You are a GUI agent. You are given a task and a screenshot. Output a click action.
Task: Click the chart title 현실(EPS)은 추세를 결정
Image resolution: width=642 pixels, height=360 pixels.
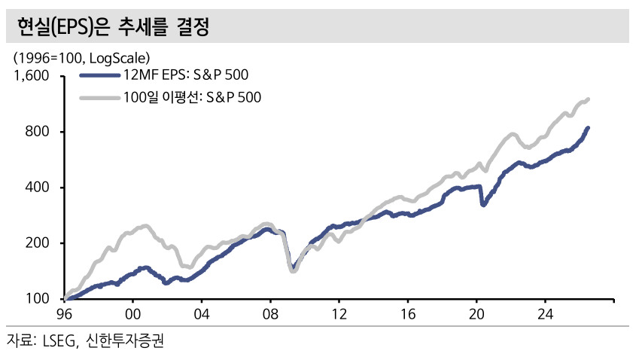tap(113, 27)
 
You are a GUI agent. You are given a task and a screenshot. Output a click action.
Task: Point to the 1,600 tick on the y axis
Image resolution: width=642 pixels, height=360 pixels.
tap(32, 76)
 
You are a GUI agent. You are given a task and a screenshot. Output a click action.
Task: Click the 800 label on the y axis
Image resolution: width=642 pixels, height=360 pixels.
tap(38, 132)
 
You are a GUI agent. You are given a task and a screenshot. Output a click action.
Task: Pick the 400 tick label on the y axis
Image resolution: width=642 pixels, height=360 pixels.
tap(38, 188)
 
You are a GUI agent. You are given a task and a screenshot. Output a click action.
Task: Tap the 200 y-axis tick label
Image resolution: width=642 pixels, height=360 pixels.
tap(38, 243)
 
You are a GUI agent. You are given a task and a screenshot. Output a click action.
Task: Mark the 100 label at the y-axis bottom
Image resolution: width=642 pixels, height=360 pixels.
tap(38, 298)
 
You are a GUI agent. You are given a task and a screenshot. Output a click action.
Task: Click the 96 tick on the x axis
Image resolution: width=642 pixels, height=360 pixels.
tap(64, 314)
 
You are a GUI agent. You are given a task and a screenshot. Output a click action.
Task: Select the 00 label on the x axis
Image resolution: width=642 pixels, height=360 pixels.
tap(132, 314)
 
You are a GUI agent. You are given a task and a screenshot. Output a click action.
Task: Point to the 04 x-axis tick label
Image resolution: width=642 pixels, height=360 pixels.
tap(202, 314)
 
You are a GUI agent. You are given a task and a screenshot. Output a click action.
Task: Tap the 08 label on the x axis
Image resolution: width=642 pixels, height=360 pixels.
tap(270, 314)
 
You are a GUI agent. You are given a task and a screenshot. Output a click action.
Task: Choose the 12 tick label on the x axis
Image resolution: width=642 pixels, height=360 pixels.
tap(339, 314)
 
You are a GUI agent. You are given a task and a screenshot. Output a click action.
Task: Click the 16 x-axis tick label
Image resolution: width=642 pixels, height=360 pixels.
tap(408, 314)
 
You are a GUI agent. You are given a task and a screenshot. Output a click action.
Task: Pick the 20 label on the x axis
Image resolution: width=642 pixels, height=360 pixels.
tap(476, 314)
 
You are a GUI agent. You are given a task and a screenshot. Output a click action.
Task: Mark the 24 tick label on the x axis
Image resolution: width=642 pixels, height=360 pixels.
tap(546, 314)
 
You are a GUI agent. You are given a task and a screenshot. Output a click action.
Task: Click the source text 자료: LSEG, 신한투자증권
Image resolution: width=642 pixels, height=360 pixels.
tap(85, 340)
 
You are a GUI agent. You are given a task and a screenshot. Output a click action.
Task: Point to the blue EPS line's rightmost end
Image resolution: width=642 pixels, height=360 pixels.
tap(589, 128)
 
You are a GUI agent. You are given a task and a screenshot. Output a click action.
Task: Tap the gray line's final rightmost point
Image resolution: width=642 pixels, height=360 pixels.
tap(589, 99)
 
